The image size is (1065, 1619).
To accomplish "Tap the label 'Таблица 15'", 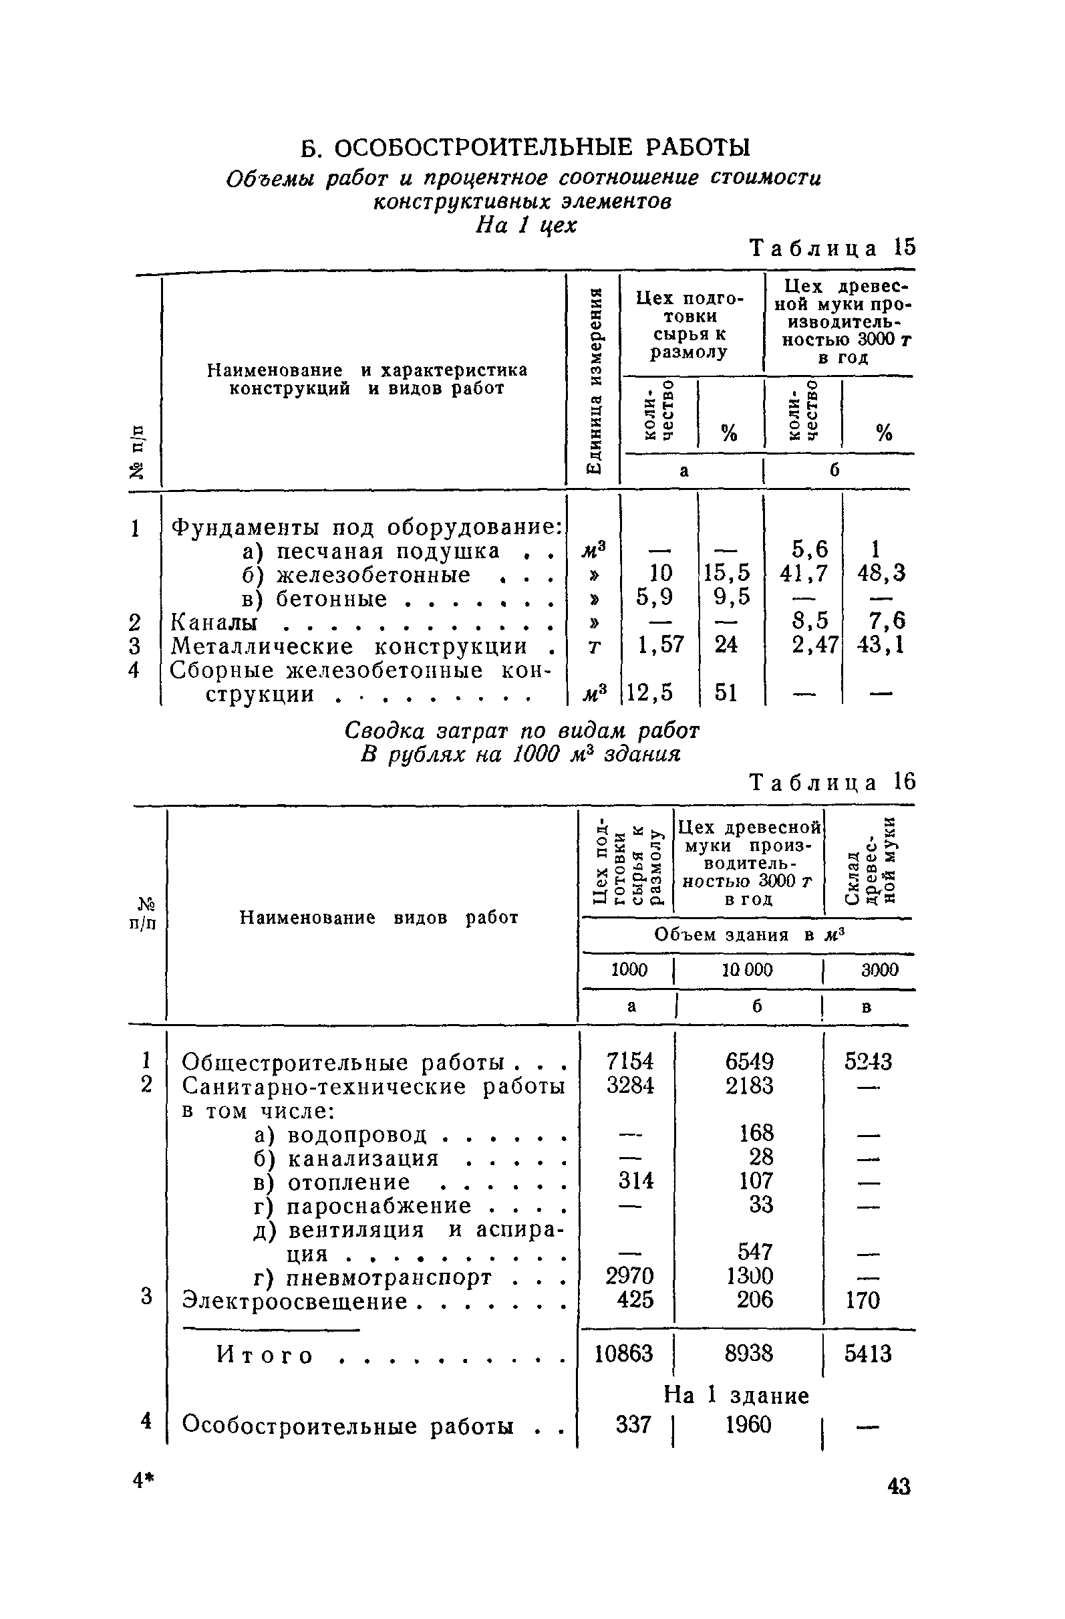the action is [x=832, y=247].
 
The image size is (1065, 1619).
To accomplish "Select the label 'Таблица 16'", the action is [x=832, y=782].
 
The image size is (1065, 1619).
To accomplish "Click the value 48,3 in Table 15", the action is [x=881, y=574].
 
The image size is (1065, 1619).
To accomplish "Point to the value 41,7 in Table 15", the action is [x=804, y=574].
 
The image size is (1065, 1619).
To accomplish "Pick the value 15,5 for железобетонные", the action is [x=726, y=574].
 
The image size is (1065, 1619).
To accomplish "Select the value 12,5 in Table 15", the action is [x=650, y=693].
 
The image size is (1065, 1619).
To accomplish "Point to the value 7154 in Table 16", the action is [x=630, y=1062].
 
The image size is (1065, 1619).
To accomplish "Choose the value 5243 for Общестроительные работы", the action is [x=868, y=1062].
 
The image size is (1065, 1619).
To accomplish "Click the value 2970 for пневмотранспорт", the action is [x=630, y=1275].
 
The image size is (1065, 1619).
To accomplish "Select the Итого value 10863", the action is [x=623, y=1354].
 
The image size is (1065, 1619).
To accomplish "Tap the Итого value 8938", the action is [x=750, y=1354].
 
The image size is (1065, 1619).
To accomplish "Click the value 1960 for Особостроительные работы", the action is [x=748, y=1424].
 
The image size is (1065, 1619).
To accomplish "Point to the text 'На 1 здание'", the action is [x=736, y=1395].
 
